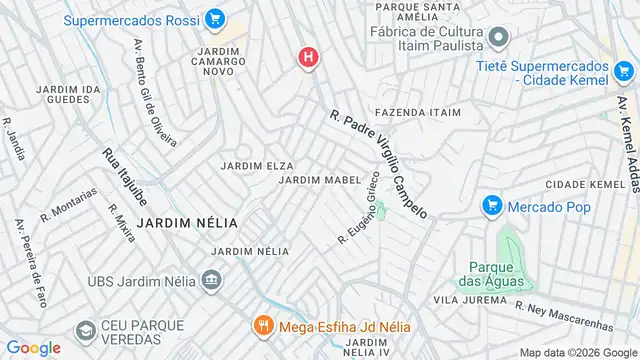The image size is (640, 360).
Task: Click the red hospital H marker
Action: pyautogui.click(x=308, y=57)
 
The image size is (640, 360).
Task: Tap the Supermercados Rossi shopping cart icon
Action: pyautogui.click(x=214, y=19)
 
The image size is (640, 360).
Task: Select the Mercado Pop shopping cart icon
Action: pyautogui.click(x=491, y=206)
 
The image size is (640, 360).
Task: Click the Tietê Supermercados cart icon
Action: pyautogui.click(x=624, y=70)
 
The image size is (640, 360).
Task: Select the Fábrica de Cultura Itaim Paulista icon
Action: pyautogui.click(x=500, y=37)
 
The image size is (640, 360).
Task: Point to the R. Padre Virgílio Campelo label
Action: pyautogui.click(x=379, y=164)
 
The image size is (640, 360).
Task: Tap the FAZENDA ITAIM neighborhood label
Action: pyautogui.click(x=418, y=113)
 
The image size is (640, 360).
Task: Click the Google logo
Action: pyautogui.click(x=33, y=347)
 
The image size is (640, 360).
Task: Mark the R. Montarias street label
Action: pyautogui.click(x=69, y=204)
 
